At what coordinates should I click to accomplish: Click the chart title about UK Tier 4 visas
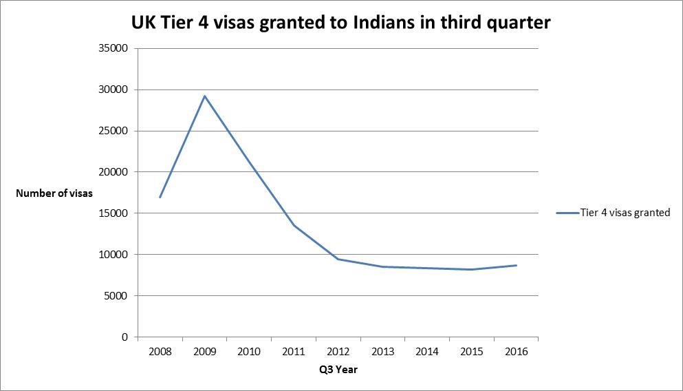[341, 23]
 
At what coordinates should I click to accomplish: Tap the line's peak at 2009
[204, 96]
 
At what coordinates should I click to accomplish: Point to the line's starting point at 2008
[160, 198]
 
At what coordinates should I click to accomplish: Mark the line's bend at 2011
[294, 225]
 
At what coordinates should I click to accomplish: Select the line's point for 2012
[338, 259]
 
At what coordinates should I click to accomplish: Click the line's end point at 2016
[516, 265]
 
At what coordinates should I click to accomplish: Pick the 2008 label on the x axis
[160, 352]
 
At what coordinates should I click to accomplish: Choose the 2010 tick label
[249, 352]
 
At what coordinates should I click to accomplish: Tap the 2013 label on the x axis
[382, 352]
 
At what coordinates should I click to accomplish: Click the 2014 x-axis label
[427, 352]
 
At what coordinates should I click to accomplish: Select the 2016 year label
[516, 352]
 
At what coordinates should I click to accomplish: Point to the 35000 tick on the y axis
[114, 48]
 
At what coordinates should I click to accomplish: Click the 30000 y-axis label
[114, 89]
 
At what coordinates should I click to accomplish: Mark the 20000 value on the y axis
[114, 172]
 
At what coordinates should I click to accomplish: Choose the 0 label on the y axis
[124, 337]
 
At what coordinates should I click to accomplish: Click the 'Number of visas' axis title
[54, 193]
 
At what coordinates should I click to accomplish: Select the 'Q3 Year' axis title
[338, 370]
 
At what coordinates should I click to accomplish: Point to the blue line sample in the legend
[567, 213]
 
